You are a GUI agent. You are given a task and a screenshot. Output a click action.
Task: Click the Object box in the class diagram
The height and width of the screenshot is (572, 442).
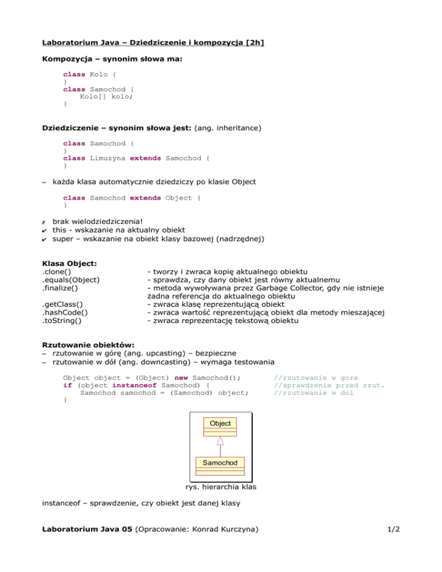220,423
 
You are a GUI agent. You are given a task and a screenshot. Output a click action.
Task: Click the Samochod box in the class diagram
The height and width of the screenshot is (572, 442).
220,463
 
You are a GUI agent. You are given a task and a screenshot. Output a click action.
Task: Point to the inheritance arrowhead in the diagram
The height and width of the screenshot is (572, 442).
220,441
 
